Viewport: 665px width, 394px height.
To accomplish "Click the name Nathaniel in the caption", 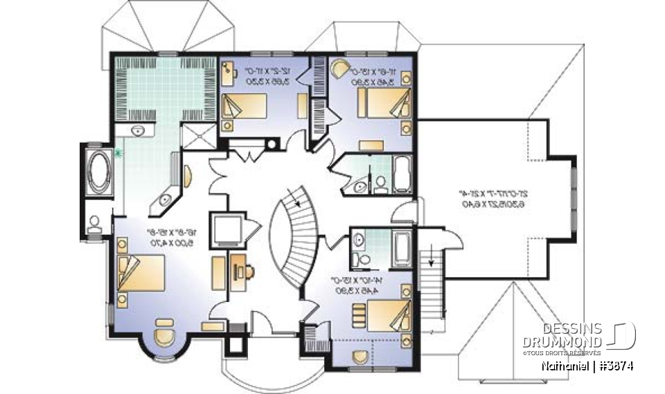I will [x=563, y=366].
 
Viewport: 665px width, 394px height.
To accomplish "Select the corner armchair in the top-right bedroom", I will [x=342, y=69].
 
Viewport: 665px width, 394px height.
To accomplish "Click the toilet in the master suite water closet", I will [x=95, y=222].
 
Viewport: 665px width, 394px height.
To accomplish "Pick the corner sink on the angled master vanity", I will [x=164, y=200].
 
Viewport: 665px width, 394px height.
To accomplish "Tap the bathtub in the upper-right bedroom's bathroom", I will [x=402, y=174].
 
